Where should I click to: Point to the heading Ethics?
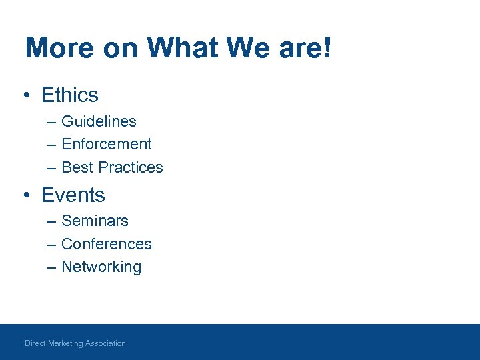click(69, 95)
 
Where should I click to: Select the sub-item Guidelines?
click(99, 121)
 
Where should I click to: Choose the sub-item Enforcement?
click(106, 144)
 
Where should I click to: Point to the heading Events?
click(73, 195)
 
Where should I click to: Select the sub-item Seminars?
click(95, 221)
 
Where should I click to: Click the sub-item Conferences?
click(106, 244)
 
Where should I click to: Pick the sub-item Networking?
click(101, 267)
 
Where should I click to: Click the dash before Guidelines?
click(51, 122)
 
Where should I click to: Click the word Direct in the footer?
click(35, 343)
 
